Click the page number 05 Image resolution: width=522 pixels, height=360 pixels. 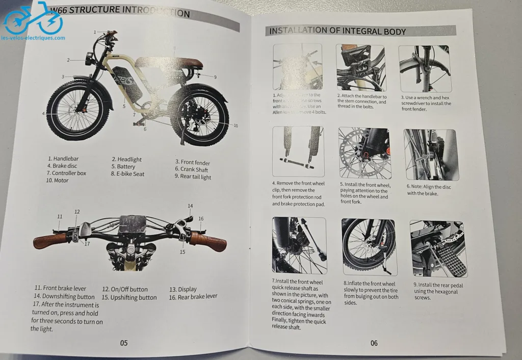124,343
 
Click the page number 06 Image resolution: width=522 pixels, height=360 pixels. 374,343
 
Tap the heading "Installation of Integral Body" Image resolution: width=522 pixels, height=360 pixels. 337,31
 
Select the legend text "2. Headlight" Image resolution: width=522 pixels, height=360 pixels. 126,160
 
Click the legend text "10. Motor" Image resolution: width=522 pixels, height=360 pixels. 57,180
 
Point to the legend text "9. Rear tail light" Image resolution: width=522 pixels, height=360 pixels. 192,176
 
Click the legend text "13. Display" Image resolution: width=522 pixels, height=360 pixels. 183,289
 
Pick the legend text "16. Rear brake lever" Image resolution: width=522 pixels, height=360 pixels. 193,297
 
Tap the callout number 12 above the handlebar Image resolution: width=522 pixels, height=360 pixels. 76,212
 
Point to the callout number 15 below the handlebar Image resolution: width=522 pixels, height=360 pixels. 182,252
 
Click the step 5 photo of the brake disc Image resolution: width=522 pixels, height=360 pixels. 364,153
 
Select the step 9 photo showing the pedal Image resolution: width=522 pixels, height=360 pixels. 437,248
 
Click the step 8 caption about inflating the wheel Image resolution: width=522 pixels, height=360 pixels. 371,293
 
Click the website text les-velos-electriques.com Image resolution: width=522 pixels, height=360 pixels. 33,38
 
